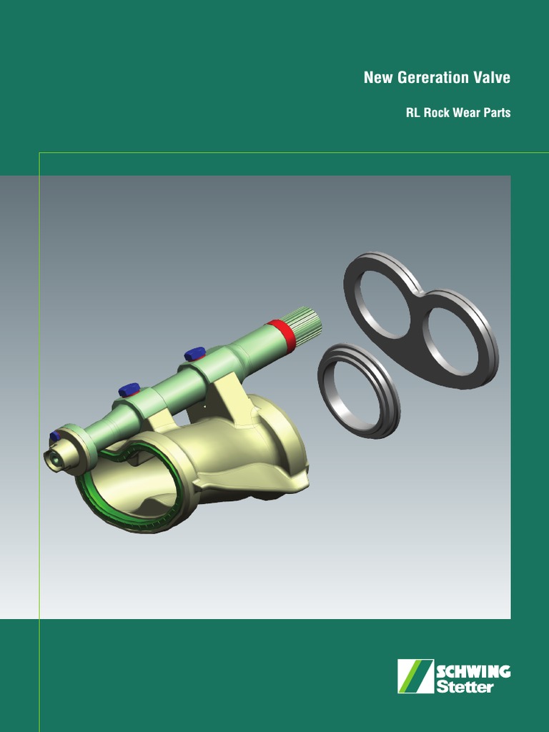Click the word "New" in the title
[377, 78]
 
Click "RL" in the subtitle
[412, 113]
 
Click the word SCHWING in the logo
[473, 672]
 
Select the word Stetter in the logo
[465, 687]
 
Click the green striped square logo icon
[415, 676]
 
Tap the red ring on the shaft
[281, 336]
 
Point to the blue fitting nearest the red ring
[194, 353]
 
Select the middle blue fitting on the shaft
[129, 390]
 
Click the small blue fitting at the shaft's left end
[54, 436]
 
